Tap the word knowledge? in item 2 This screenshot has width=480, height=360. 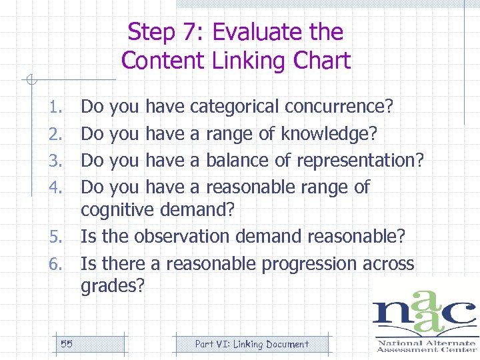pos(329,133)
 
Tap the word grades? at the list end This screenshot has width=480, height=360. pos(112,287)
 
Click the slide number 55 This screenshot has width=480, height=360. pos(67,344)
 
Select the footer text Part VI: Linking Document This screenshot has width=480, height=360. pos(251,344)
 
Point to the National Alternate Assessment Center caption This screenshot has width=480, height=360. pos(426,346)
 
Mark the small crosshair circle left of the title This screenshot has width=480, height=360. pos(29,81)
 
